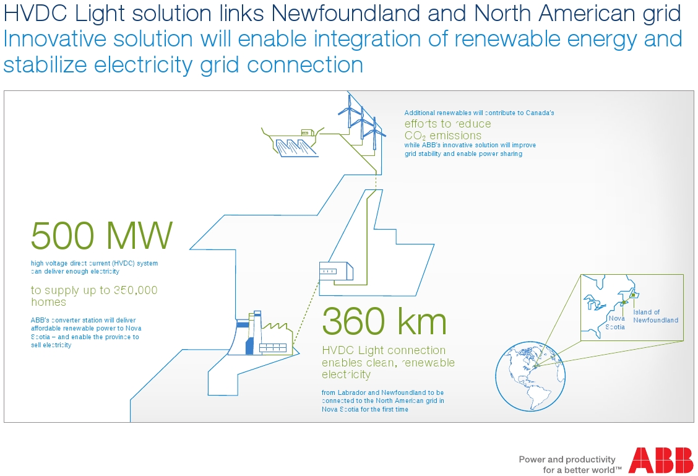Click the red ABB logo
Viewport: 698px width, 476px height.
pyautogui.click(x=660, y=461)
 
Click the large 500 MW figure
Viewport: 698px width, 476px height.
pyautogui.click(x=101, y=235)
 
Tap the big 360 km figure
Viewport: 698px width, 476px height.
pyautogui.click(x=384, y=321)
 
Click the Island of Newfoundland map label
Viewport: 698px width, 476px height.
pyautogui.click(x=655, y=316)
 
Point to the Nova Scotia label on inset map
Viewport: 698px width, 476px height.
pyautogui.click(x=616, y=322)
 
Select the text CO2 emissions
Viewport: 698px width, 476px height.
pyautogui.click(x=442, y=136)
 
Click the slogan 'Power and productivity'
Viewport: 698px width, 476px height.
pyautogui.click(x=567, y=459)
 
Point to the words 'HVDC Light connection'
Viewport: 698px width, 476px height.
pyautogui.click(x=383, y=350)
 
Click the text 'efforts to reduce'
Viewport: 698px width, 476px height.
pyautogui.click(x=447, y=124)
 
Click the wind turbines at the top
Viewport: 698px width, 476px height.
pyautogui.click(x=361, y=119)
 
